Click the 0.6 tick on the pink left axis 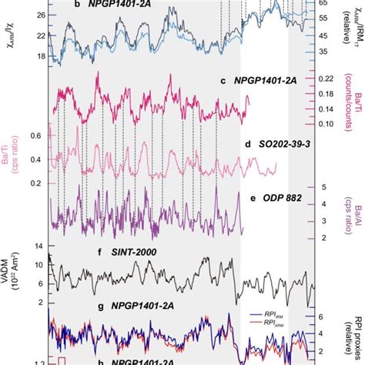(x=35, y=136)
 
